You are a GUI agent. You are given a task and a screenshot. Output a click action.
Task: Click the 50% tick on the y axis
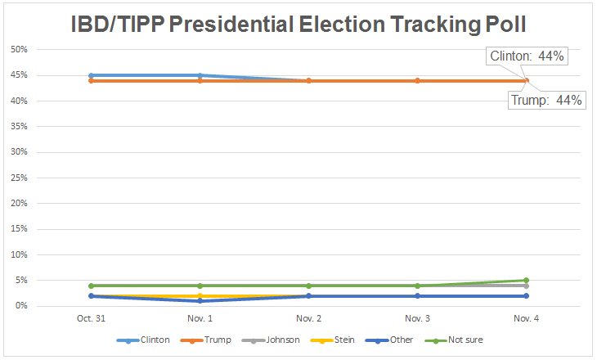point(19,50)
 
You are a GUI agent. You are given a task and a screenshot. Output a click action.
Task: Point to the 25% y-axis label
point(19,178)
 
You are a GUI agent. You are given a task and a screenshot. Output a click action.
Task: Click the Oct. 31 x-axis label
point(91,317)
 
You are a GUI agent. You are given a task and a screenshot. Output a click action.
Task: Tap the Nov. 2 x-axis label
point(308,317)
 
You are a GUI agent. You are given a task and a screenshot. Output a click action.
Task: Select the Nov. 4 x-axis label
point(526,317)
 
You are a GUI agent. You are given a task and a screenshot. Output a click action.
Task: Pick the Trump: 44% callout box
point(546,101)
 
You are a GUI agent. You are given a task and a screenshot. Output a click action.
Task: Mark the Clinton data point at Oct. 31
point(91,75)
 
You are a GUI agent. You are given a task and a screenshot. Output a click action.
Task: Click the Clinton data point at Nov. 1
point(200,75)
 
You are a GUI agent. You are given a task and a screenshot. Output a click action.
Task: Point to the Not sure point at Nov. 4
point(526,281)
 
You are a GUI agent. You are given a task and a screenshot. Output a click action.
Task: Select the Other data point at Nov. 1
point(200,301)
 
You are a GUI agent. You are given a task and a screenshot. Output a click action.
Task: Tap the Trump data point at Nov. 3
point(417,80)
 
